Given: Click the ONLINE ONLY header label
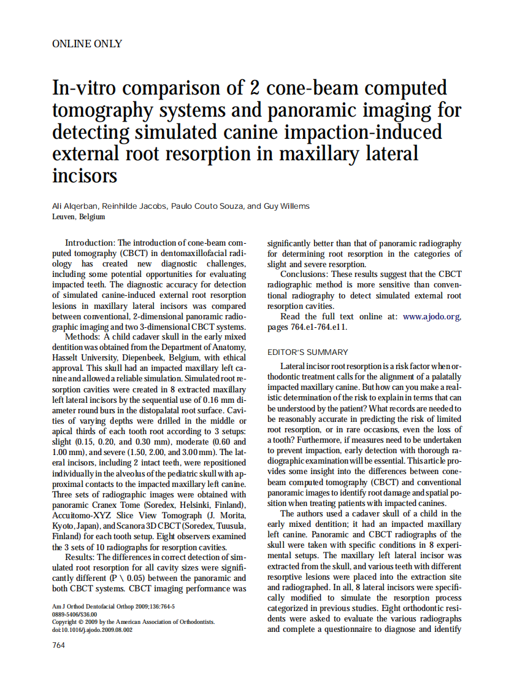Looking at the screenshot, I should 87,44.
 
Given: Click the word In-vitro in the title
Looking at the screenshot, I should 90,88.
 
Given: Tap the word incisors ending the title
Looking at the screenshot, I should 85,176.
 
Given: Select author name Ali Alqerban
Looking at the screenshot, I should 77,206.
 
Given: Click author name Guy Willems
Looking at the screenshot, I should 286,206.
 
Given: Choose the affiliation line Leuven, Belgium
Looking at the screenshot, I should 79,217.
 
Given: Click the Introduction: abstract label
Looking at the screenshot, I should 90,244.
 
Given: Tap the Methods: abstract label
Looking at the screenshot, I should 83,337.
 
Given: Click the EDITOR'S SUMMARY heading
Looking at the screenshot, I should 308,352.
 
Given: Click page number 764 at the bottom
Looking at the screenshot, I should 58,645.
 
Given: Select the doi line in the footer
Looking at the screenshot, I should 93,630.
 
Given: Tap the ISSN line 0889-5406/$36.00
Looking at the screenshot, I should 74,614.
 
